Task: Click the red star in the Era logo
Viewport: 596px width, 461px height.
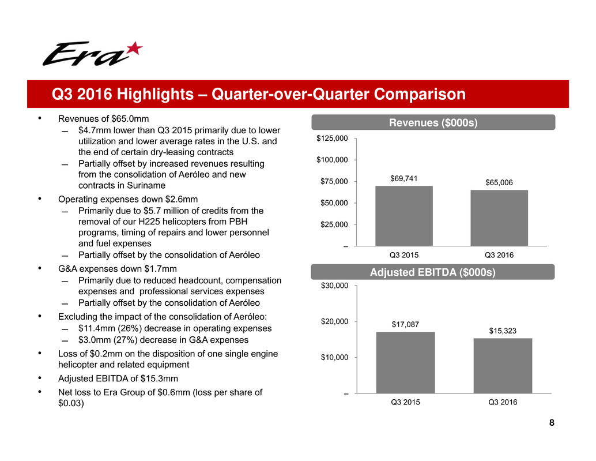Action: pyautogui.click(x=134, y=48)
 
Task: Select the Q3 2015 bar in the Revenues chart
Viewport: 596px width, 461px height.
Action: pyautogui.click(x=404, y=216)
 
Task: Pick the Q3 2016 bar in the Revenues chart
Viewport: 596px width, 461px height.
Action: pyautogui.click(x=499, y=218)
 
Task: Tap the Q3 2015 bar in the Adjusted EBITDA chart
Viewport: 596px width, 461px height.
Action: pyautogui.click(x=406, y=362)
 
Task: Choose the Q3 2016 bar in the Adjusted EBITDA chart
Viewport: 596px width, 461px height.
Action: pyautogui.click(x=503, y=366)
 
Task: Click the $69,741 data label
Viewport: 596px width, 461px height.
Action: pyautogui.click(x=403, y=178)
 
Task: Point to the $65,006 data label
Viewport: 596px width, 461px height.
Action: pyautogui.click(x=499, y=182)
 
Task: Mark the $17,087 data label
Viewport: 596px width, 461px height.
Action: pyautogui.click(x=405, y=324)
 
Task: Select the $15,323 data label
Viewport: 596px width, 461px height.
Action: pyautogui.click(x=503, y=331)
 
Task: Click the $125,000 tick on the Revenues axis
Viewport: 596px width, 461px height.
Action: pyautogui.click(x=332, y=138)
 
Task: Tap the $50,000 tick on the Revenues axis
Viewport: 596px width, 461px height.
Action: pyautogui.click(x=334, y=203)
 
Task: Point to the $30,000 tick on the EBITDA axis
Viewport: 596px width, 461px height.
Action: pyautogui.click(x=334, y=285)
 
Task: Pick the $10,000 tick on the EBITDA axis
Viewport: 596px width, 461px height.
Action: pyautogui.click(x=334, y=357)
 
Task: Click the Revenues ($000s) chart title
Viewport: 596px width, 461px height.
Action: pyautogui.click(x=433, y=122)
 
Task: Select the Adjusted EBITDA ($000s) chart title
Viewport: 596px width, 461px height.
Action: pyautogui.click(x=432, y=272)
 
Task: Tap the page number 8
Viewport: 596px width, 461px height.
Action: pyautogui.click(x=552, y=422)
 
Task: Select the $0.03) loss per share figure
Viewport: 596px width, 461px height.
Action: pyautogui.click(x=71, y=403)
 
